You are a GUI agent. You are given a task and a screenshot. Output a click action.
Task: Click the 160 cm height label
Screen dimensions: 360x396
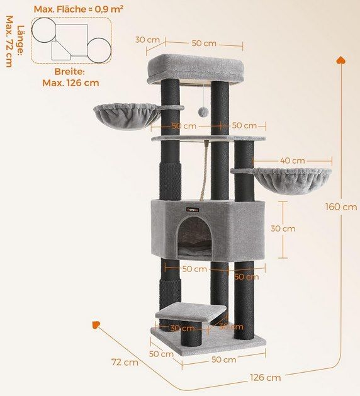click(341, 207)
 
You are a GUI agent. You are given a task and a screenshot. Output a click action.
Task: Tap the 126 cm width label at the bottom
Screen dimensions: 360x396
click(266, 378)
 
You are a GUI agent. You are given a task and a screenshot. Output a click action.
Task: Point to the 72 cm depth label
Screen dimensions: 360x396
click(125, 363)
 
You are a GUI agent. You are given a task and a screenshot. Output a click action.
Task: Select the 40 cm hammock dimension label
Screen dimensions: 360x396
click(292, 161)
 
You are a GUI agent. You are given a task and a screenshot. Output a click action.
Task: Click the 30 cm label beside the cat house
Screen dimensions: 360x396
click(283, 229)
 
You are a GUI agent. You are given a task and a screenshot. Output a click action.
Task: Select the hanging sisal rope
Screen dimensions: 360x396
click(205, 170)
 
